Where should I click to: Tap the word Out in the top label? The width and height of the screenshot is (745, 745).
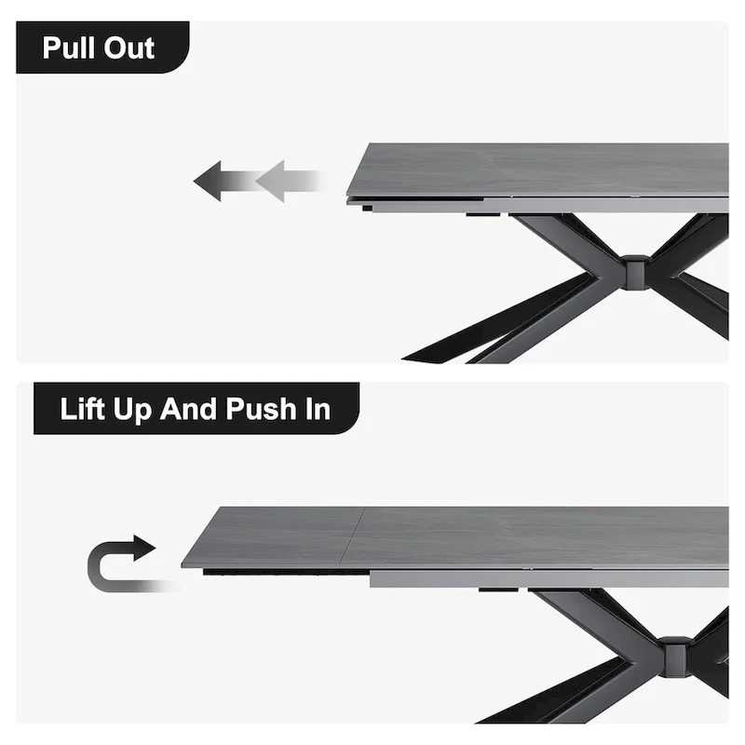click(129, 47)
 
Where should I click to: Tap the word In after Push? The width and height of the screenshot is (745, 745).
click(318, 409)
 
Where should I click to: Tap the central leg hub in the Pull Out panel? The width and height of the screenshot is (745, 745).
click(636, 272)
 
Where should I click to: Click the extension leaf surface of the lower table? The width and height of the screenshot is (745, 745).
click(270, 536)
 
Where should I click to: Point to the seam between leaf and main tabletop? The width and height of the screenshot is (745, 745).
click(348, 538)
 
